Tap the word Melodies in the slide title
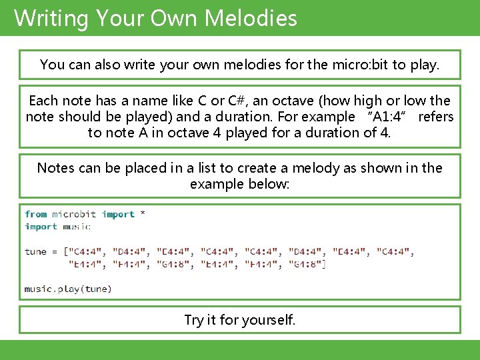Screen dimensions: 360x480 pyautogui.click(x=251, y=18)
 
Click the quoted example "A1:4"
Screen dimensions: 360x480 pyautogui.click(x=387, y=117)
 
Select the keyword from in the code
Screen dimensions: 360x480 pyautogui.click(x=35, y=214)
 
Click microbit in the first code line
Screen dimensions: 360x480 pyautogui.click(x=74, y=214)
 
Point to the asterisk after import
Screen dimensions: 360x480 pyautogui.click(x=142, y=214)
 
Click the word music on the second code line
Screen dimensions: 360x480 pyautogui.click(x=77, y=227)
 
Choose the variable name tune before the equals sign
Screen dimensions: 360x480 pyautogui.click(x=35, y=251)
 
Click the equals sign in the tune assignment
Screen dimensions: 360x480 pyautogui.click(x=55, y=251)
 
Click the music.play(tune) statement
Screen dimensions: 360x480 pyautogui.click(x=68, y=289)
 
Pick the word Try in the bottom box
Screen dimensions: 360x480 pyautogui.click(x=193, y=320)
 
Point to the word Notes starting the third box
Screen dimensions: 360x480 pyautogui.click(x=55, y=168)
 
